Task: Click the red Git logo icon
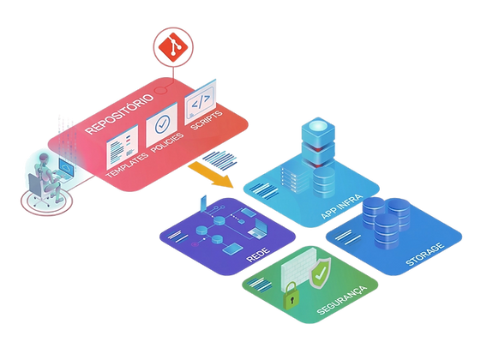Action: pos(173,47)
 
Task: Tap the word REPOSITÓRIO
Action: pos(119,114)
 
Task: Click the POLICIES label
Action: pos(167,142)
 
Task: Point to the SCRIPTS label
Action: pos(207,120)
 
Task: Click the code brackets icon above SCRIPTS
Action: pos(200,102)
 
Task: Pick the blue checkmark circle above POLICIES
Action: pos(162,124)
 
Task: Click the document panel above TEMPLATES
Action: pos(122,147)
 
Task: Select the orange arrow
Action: pos(210,175)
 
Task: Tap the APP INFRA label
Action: pos(342,207)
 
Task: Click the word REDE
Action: pos(258,255)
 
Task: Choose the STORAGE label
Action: pos(425,254)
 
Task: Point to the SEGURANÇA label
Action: pos(341,300)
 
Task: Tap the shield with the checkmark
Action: pos(320,273)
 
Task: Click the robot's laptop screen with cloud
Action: pos(67,167)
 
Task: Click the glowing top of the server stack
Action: pos(317,126)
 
